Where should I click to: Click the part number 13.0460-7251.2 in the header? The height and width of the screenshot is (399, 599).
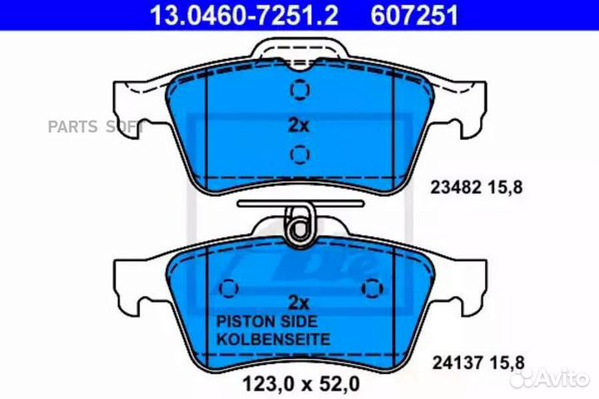pos(244,15)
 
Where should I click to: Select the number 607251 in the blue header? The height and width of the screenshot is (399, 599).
pos(414,15)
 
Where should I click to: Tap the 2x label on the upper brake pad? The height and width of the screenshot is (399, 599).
pos(299,125)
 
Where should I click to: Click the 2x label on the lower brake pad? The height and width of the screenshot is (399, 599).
pos(299,303)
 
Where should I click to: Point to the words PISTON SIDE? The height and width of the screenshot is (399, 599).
pos(267,322)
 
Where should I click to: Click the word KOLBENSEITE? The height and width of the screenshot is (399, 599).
pos(273,339)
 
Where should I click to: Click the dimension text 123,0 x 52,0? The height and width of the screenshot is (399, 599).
pos(301,384)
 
